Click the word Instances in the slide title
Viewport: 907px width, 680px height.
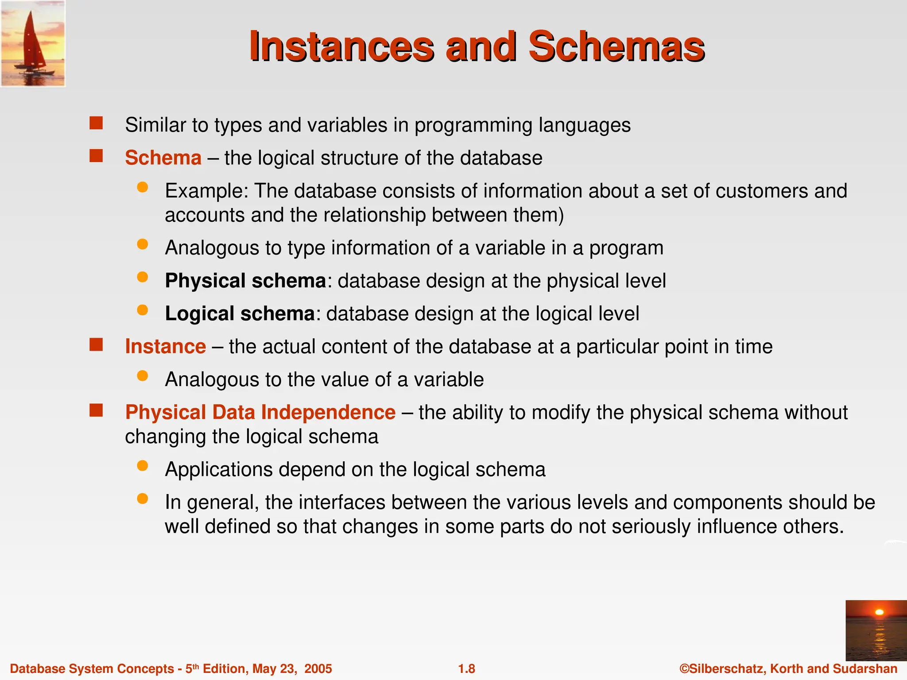pos(341,46)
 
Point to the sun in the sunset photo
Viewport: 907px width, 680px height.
pos(880,612)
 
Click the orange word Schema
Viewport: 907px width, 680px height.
pos(163,158)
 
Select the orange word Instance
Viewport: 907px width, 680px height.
pos(165,347)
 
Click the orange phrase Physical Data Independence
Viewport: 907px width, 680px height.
pos(260,413)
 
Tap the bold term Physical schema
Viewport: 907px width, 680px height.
pos(245,281)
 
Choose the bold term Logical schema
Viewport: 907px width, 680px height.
pos(240,314)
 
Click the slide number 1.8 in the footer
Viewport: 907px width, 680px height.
pos(466,669)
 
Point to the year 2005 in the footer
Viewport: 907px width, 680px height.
pos(318,669)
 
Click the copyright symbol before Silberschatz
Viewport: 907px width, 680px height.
pos(684,669)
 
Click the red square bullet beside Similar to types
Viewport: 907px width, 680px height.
pos(96,123)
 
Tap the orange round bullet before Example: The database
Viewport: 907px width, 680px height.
pos(142,187)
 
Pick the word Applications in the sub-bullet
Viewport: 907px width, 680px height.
pos(219,470)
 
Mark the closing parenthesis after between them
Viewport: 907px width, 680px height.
pos(561,216)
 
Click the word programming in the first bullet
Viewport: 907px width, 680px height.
pos(473,125)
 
